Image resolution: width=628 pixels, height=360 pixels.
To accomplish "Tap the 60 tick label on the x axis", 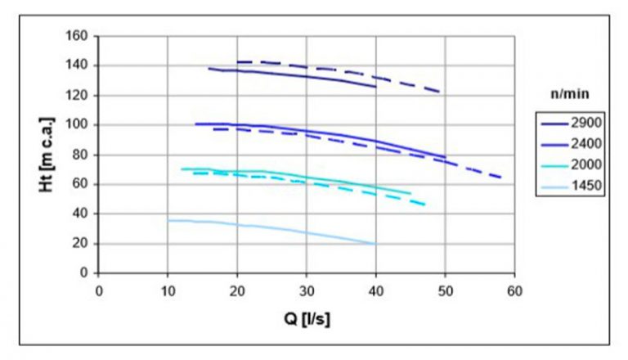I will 514,290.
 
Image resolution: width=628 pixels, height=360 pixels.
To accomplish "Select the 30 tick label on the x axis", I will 306,290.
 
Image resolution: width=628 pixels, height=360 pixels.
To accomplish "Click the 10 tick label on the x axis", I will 168,290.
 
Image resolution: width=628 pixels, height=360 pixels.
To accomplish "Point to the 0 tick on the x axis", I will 98,290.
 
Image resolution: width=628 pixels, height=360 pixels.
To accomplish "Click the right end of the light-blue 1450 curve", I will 375,244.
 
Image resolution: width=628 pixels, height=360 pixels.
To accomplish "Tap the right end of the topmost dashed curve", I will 441,92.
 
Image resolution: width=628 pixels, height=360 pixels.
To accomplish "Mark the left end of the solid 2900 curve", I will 209,68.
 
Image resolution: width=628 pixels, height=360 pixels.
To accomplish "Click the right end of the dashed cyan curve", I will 424,205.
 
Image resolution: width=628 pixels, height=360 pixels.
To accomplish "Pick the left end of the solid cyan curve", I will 182,169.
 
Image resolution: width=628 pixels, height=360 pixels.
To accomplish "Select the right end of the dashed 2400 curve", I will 500,178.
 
